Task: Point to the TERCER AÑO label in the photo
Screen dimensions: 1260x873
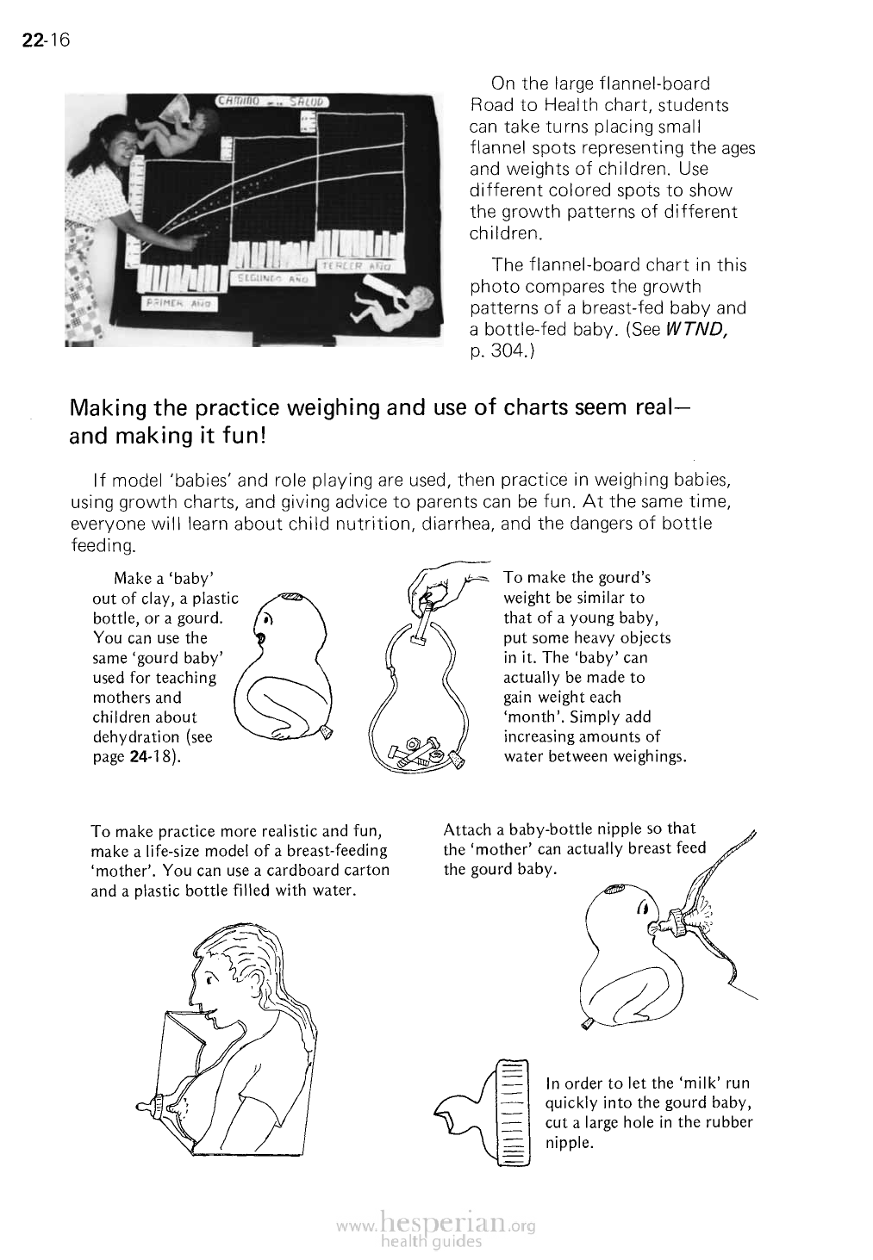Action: click(x=357, y=266)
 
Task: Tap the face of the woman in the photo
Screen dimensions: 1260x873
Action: click(x=115, y=150)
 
